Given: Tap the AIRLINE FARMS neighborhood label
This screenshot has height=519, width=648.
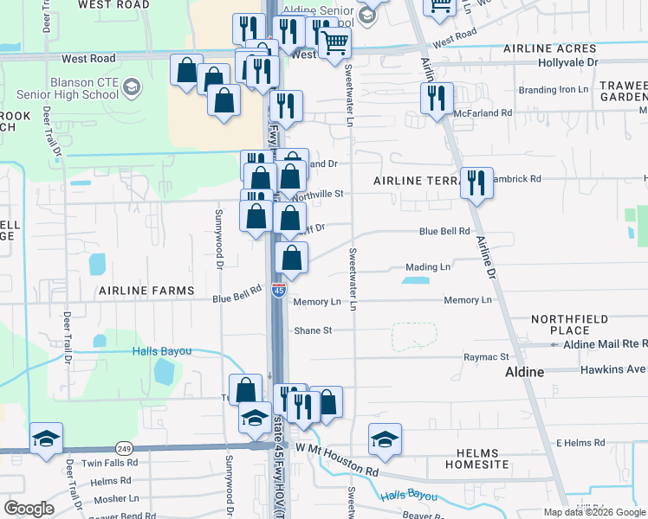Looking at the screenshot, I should pyautogui.click(x=146, y=291).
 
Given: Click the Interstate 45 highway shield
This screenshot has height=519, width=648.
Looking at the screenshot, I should pyautogui.click(x=278, y=290).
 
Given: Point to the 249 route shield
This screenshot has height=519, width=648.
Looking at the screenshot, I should pyautogui.click(x=124, y=448).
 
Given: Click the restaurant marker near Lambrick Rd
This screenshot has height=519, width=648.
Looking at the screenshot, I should pyautogui.click(x=476, y=182).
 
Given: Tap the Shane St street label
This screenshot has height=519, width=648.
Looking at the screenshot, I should pyautogui.click(x=313, y=330).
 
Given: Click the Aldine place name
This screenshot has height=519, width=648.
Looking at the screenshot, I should pyautogui.click(x=524, y=372).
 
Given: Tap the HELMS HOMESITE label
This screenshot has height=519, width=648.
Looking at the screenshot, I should pyautogui.click(x=476, y=458).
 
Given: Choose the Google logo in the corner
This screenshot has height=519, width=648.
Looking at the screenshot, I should pyautogui.click(x=29, y=509).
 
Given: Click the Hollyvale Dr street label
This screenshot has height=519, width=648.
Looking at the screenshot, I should pyautogui.click(x=568, y=63).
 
